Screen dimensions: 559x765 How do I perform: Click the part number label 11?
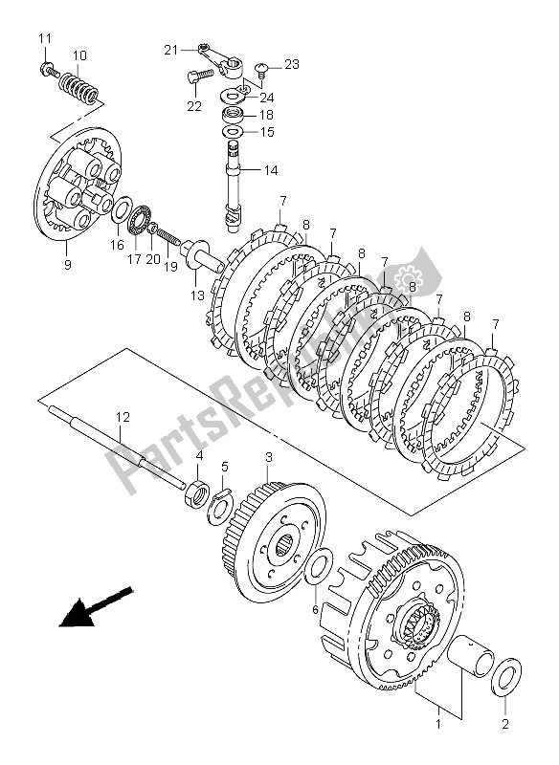tap(45, 38)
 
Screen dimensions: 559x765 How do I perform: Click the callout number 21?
tap(171, 50)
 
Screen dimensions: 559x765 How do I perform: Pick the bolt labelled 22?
tap(200, 76)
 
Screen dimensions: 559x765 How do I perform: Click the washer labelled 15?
tap(234, 132)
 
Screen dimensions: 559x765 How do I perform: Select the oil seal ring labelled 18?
tap(235, 115)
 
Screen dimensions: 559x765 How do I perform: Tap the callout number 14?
tap(271, 170)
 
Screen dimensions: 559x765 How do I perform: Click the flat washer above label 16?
tap(120, 210)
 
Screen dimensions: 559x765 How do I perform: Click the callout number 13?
tap(197, 295)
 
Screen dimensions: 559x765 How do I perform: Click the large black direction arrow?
tap(95, 606)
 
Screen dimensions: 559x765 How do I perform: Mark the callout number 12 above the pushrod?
tap(123, 417)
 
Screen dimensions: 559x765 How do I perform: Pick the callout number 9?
tap(67, 265)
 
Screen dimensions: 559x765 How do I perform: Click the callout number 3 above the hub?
tap(269, 457)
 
